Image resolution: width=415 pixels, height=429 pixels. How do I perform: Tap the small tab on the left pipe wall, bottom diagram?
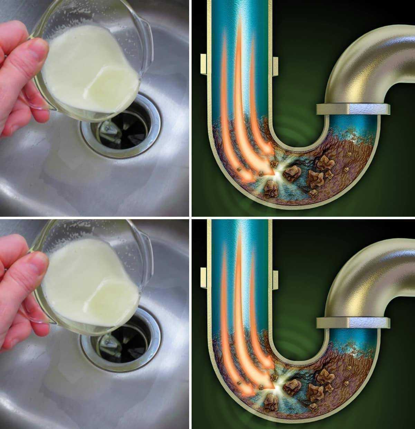click(204, 277)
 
